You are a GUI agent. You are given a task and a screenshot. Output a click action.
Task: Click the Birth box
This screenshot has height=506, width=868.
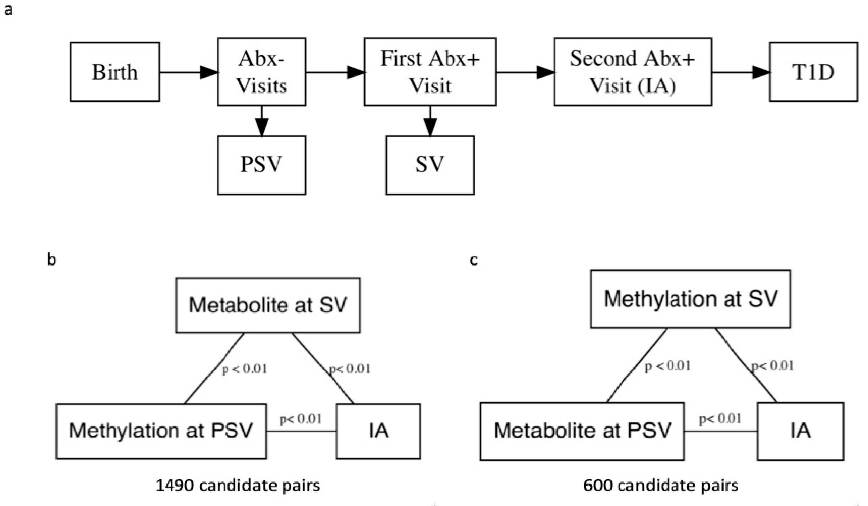click(x=115, y=72)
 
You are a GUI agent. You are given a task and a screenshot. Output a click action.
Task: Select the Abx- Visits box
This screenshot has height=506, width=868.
click(x=261, y=72)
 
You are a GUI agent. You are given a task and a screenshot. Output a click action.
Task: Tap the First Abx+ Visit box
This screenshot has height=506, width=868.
click(x=430, y=72)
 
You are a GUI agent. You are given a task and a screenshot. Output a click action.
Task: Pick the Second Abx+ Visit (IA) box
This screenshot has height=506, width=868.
click(x=632, y=72)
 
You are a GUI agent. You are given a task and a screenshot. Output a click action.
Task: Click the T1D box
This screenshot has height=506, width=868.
click(x=813, y=72)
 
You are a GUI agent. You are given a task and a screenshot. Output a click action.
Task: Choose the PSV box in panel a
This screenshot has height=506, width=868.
click(x=261, y=165)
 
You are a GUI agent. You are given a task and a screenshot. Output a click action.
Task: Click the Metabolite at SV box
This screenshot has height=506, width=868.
click(x=268, y=305)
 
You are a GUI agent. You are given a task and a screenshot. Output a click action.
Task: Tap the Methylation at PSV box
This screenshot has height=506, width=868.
click(x=161, y=431)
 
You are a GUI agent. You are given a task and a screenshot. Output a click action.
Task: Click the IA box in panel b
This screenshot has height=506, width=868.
click(x=378, y=431)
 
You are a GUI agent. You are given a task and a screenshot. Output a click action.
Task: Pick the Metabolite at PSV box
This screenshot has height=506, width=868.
click(x=582, y=431)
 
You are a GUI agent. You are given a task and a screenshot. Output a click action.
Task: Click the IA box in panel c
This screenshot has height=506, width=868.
click(x=800, y=431)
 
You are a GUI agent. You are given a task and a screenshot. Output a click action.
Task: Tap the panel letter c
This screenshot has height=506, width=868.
click(x=474, y=260)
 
